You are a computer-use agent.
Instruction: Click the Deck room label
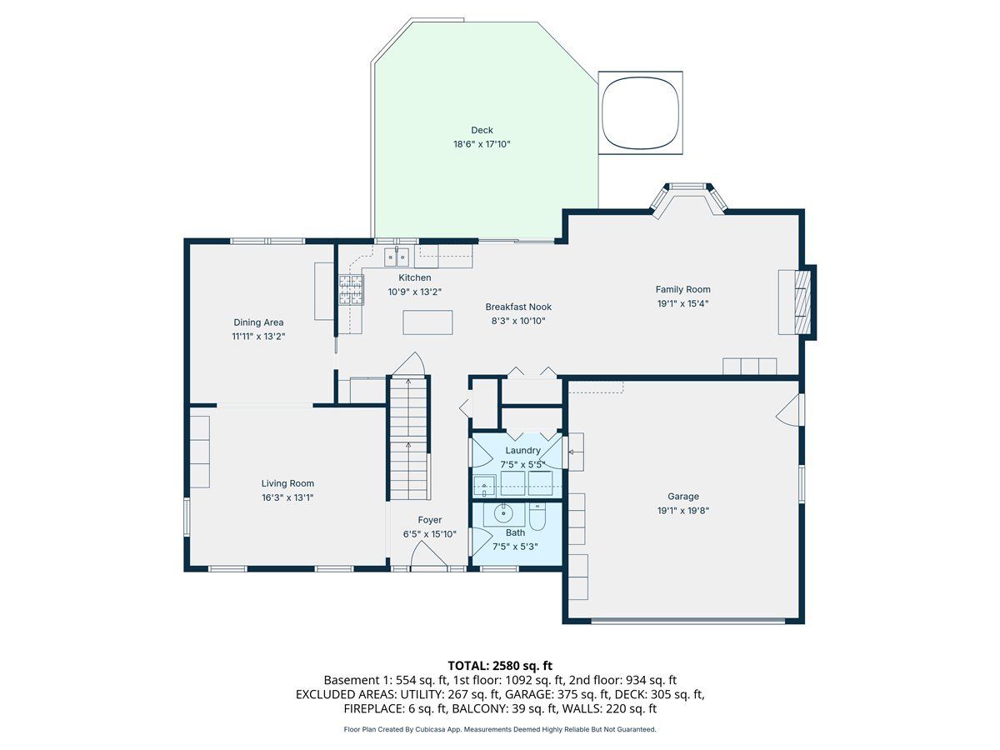tap(482, 130)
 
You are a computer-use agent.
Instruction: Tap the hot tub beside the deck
tap(640, 113)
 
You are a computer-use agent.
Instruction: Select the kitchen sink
tap(397, 257)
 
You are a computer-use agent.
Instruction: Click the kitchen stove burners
tap(352, 290)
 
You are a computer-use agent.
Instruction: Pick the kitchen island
tap(427, 322)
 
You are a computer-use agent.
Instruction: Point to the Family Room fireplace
tap(802, 302)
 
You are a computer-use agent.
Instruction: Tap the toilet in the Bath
tap(537, 517)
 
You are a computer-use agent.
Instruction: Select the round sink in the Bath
tap(504, 513)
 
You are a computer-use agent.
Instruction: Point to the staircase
tap(408, 438)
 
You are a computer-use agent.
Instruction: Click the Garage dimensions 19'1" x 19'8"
tap(682, 511)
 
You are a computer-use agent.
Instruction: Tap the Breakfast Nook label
tap(518, 307)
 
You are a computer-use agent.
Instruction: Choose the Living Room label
tap(287, 483)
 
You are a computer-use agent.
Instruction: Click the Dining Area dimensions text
tap(258, 337)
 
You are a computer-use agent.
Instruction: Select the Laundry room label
tap(522, 450)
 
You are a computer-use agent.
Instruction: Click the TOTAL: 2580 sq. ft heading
tap(500, 666)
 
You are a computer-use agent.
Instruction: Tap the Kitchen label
tap(414, 277)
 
